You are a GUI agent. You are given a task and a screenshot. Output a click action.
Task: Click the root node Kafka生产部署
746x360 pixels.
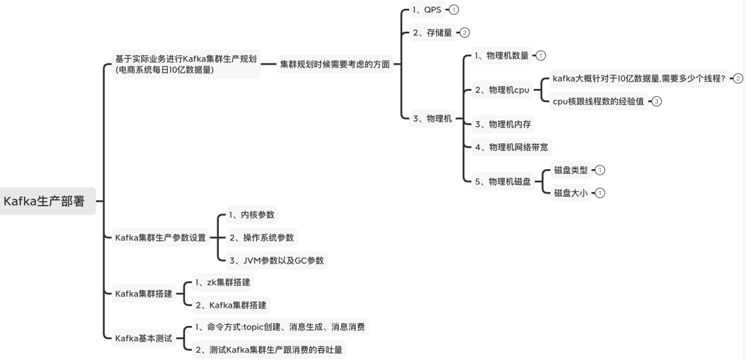pyautogui.click(x=45, y=201)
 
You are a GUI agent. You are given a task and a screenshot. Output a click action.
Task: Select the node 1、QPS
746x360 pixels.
pyautogui.click(x=427, y=10)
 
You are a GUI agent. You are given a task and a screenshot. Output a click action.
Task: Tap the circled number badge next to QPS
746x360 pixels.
pyautogui.click(x=454, y=10)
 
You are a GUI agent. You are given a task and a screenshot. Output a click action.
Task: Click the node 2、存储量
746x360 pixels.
pyautogui.click(x=432, y=33)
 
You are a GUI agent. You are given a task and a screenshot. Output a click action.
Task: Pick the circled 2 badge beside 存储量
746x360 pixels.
pyautogui.click(x=465, y=33)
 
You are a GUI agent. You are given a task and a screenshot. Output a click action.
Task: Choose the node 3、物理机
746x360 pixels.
pyautogui.click(x=432, y=118)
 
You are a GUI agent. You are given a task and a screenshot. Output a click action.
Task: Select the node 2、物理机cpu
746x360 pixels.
pyautogui.click(x=502, y=90)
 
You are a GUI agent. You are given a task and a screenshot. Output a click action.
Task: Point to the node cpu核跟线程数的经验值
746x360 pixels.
pyautogui.click(x=598, y=101)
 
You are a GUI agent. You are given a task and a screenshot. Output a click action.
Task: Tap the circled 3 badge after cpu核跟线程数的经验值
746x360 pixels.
pyautogui.click(x=656, y=101)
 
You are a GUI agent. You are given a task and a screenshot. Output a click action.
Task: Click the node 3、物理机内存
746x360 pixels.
pyautogui.click(x=503, y=124)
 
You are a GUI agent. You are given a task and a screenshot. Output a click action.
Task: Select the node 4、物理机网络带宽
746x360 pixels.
pyautogui.click(x=511, y=147)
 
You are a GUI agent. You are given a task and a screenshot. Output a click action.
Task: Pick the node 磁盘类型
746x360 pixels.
pyautogui.click(x=571, y=170)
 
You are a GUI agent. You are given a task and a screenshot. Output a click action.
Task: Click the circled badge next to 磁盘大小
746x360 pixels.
pyautogui.click(x=600, y=193)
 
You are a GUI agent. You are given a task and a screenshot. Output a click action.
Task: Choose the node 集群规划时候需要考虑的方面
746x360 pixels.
pyautogui.click(x=335, y=64)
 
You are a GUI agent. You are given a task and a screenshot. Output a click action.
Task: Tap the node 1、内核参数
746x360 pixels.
pyautogui.click(x=251, y=215)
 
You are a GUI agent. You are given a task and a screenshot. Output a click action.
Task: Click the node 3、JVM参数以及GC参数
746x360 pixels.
pyautogui.click(x=276, y=260)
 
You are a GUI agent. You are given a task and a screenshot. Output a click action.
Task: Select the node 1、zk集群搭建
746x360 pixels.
pyautogui.click(x=222, y=282)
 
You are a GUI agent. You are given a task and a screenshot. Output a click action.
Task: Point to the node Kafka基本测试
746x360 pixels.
pyautogui.click(x=143, y=338)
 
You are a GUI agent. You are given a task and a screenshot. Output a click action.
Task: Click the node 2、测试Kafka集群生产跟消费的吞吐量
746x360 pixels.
pyautogui.click(x=268, y=350)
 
